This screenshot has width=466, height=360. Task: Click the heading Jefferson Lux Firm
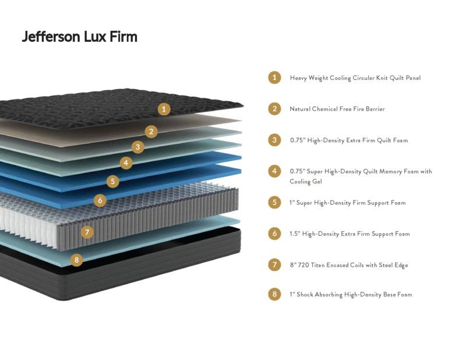click(80, 37)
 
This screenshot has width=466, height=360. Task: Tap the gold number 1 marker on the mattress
click(164, 109)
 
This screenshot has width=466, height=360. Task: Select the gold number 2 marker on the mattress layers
click(151, 132)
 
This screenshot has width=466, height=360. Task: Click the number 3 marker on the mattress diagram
click(138, 147)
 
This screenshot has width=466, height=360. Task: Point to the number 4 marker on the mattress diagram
click(126, 163)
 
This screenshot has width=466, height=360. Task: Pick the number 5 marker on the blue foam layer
click(113, 181)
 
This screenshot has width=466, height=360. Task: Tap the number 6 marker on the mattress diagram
click(100, 200)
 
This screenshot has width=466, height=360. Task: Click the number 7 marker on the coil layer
click(87, 232)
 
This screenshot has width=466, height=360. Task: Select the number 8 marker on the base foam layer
click(77, 260)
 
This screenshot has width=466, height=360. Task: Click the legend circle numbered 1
click(274, 77)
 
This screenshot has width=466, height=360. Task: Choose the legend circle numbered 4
click(274, 171)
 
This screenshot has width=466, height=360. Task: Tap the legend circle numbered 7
click(274, 264)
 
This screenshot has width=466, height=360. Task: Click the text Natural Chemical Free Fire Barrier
click(337, 109)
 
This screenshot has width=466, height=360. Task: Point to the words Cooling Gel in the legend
click(306, 181)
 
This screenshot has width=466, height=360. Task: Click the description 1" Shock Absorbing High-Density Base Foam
click(351, 294)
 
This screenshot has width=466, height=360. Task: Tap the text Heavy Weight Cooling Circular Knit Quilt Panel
click(355, 78)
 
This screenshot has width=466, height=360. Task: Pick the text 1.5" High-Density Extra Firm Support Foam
click(350, 234)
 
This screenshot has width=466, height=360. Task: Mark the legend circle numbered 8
click(274, 294)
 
